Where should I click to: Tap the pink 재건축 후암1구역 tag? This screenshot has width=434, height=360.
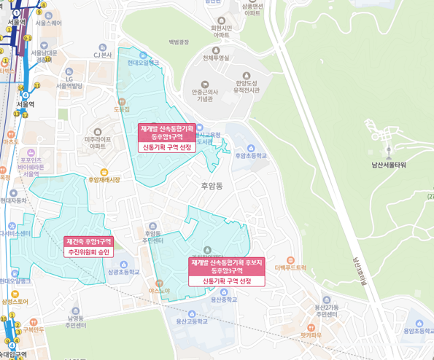point(89,241)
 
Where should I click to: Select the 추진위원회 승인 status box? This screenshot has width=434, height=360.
point(89,252)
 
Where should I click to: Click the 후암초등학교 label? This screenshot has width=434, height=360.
point(251,155)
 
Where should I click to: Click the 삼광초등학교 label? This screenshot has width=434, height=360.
point(123,272)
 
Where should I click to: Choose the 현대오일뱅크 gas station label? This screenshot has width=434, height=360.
point(143,63)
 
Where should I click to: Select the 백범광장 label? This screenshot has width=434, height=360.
point(179,42)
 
